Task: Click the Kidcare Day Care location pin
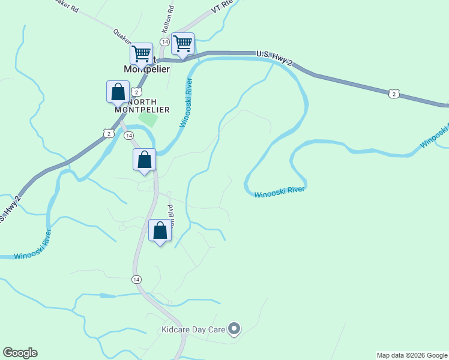[235, 328]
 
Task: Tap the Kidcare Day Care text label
[193, 329]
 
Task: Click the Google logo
[20, 353]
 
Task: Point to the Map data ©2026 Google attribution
[412, 355]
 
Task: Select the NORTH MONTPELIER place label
[142, 106]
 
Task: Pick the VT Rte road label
[221, 7]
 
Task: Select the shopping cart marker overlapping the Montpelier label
[142, 54]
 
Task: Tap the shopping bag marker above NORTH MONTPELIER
[118, 92]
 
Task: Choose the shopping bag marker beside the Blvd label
[160, 230]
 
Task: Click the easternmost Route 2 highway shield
[393, 94]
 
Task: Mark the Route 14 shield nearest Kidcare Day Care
[137, 280]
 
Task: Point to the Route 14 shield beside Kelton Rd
[164, 41]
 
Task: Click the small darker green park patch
[148, 119]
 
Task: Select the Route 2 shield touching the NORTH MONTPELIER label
[137, 92]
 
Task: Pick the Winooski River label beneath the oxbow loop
[279, 192]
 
